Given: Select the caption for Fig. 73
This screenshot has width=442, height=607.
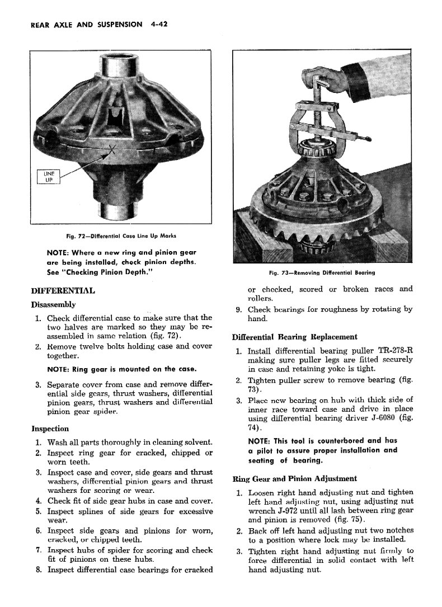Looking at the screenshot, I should click(321, 272).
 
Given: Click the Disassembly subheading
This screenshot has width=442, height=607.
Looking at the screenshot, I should click(53, 305).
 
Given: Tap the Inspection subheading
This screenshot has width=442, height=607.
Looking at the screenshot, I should click(50, 429).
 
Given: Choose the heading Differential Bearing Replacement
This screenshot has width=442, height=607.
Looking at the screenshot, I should click(294, 337).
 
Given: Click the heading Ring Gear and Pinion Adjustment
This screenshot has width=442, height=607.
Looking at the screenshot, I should click(294, 478).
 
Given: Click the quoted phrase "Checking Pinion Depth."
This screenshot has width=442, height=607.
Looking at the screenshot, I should click(104, 272).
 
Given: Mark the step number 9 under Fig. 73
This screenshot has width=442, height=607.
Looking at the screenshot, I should click(238, 309).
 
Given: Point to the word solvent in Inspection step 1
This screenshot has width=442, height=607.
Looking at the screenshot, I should click(198, 442).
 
